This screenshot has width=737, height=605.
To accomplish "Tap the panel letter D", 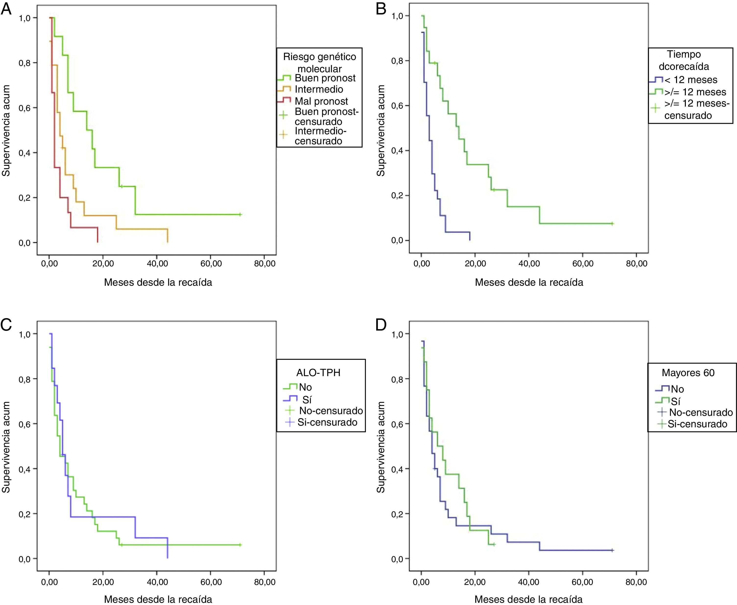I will click(x=381, y=325).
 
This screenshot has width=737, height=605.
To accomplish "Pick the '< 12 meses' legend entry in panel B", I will click(x=690, y=80).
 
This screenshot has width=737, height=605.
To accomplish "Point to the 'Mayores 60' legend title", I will click(x=688, y=373).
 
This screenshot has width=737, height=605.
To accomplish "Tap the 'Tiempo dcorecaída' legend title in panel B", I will click(x=684, y=60).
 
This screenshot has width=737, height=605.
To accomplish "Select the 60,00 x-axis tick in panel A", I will click(x=211, y=263).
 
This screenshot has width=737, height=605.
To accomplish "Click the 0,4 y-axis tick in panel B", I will click(x=397, y=150).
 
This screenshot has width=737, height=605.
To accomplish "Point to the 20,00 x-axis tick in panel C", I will click(x=103, y=582).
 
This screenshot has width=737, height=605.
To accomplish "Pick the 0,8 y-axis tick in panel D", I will click(x=397, y=379).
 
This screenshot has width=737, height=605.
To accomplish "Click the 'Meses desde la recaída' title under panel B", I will click(x=529, y=282).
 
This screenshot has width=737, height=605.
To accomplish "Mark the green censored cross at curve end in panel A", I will click(x=240, y=214).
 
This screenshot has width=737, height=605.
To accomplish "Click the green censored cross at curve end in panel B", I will click(x=612, y=223).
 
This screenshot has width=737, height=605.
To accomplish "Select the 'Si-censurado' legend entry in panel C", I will click(x=327, y=422).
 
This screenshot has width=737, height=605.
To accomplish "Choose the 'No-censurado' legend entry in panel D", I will click(x=700, y=412).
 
